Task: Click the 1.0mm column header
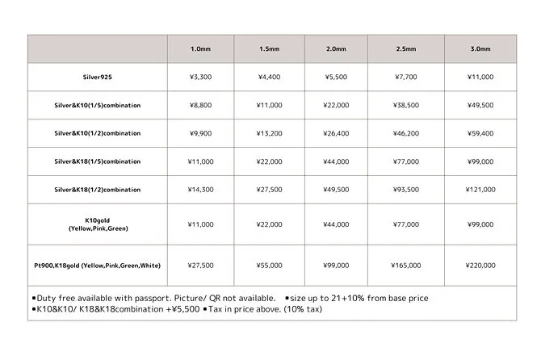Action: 201,49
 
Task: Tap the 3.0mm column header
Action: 480,49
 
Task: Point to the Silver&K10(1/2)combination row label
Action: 97,133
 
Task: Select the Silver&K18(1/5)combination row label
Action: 97,161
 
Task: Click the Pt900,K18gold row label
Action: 97,266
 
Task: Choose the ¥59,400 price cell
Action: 480,133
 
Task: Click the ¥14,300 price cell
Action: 201,190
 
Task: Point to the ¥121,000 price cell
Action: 480,190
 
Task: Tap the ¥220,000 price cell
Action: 480,266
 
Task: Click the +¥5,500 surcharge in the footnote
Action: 182,309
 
